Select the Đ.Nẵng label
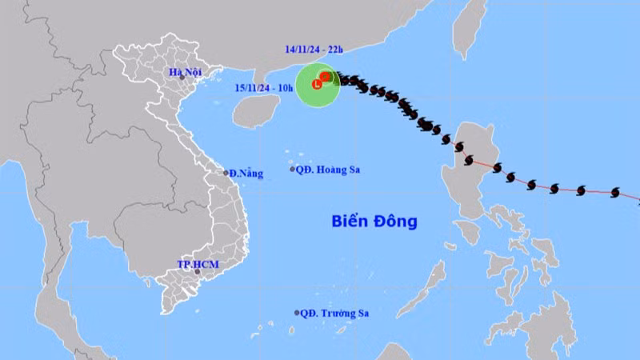[x=246, y=173]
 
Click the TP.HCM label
[x=197, y=264]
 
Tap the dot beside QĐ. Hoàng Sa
[x=292, y=169]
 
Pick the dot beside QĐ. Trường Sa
[x=297, y=313]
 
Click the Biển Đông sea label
[x=374, y=222]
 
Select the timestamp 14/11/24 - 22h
[x=313, y=50]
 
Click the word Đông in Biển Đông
[x=396, y=222]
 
